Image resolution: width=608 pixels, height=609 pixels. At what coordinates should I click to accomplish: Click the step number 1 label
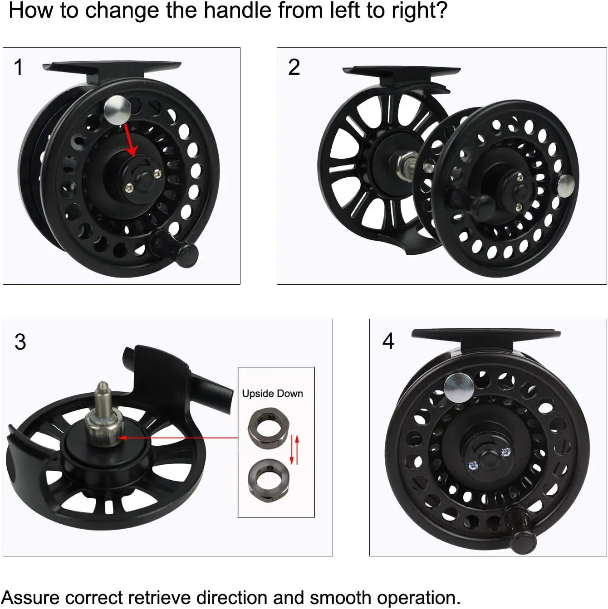[18, 68]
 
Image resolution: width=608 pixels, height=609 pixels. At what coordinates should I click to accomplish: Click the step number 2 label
[294, 68]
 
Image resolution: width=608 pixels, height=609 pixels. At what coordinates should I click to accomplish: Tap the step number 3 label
[20, 342]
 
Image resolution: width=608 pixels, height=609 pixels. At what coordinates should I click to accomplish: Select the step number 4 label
[388, 341]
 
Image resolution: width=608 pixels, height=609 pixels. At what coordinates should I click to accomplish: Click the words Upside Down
[272, 394]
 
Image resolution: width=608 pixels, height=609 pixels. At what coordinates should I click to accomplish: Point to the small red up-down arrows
[294, 450]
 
